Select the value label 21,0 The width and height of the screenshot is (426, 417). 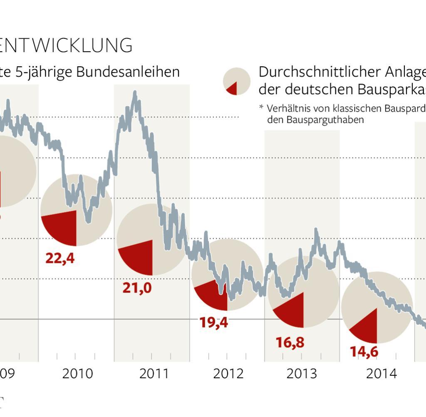137,288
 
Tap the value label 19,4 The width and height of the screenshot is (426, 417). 214,322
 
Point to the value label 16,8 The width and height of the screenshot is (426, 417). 290,342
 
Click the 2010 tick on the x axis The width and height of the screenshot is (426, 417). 77,374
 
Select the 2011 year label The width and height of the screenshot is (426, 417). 154,374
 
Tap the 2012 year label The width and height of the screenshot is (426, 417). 228,374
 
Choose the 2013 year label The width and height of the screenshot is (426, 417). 302,374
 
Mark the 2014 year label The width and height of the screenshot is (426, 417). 381,374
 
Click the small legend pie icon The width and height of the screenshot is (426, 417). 236,82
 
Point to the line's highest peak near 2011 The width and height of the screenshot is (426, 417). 135,92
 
